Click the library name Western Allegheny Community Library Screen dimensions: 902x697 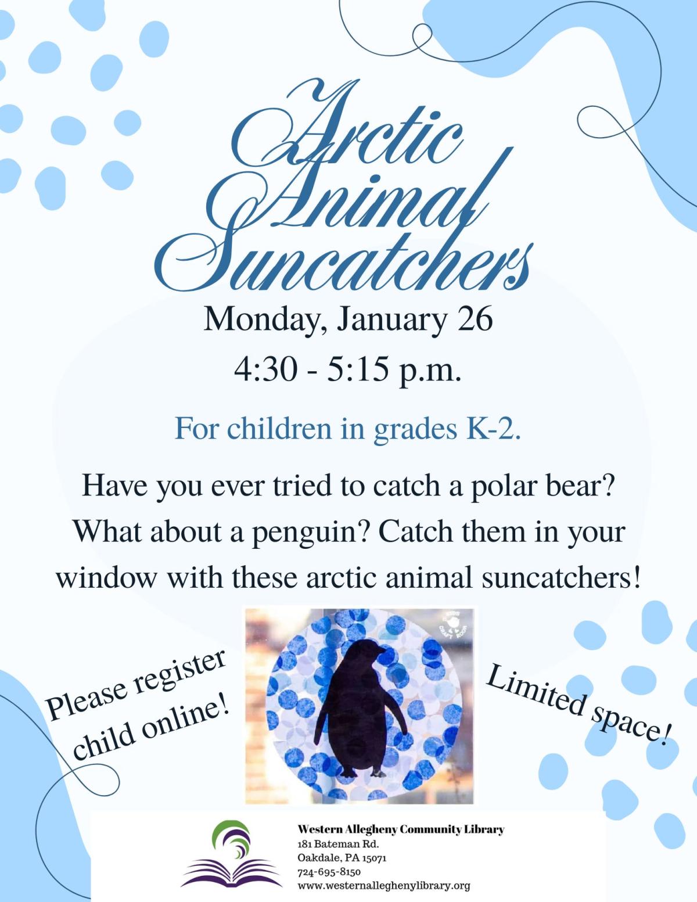click(x=400, y=829)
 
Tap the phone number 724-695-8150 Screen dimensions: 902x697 click(x=329, y=872)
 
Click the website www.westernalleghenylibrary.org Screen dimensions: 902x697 click(x=383, y=886)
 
